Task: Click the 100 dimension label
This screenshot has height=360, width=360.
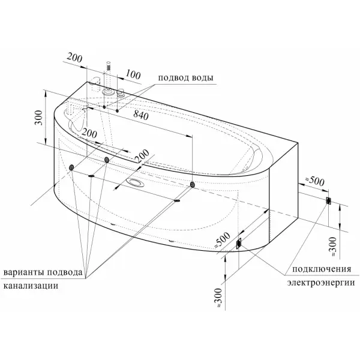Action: (133, 74)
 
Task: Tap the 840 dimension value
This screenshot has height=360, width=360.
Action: (141, 115)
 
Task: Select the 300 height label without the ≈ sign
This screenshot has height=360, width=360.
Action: (38, 118)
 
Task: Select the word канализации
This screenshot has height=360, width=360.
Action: (31, 286)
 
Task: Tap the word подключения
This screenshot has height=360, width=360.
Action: (322, 269)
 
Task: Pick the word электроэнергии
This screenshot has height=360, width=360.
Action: (321, 283)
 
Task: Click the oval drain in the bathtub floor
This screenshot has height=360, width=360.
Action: (137, 183)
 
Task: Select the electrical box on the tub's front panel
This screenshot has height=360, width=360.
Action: (239, 243)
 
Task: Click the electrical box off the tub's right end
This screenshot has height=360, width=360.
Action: (329, 201)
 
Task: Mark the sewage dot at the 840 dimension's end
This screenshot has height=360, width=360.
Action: (193, 184)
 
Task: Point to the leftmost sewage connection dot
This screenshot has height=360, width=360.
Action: (71, 167)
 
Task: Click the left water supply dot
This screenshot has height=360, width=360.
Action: (104, 107)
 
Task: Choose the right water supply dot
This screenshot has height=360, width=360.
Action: (117, 110)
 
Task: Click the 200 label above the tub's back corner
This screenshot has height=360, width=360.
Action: (74, 58)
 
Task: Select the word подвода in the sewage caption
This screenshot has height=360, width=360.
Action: (64, 272)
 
